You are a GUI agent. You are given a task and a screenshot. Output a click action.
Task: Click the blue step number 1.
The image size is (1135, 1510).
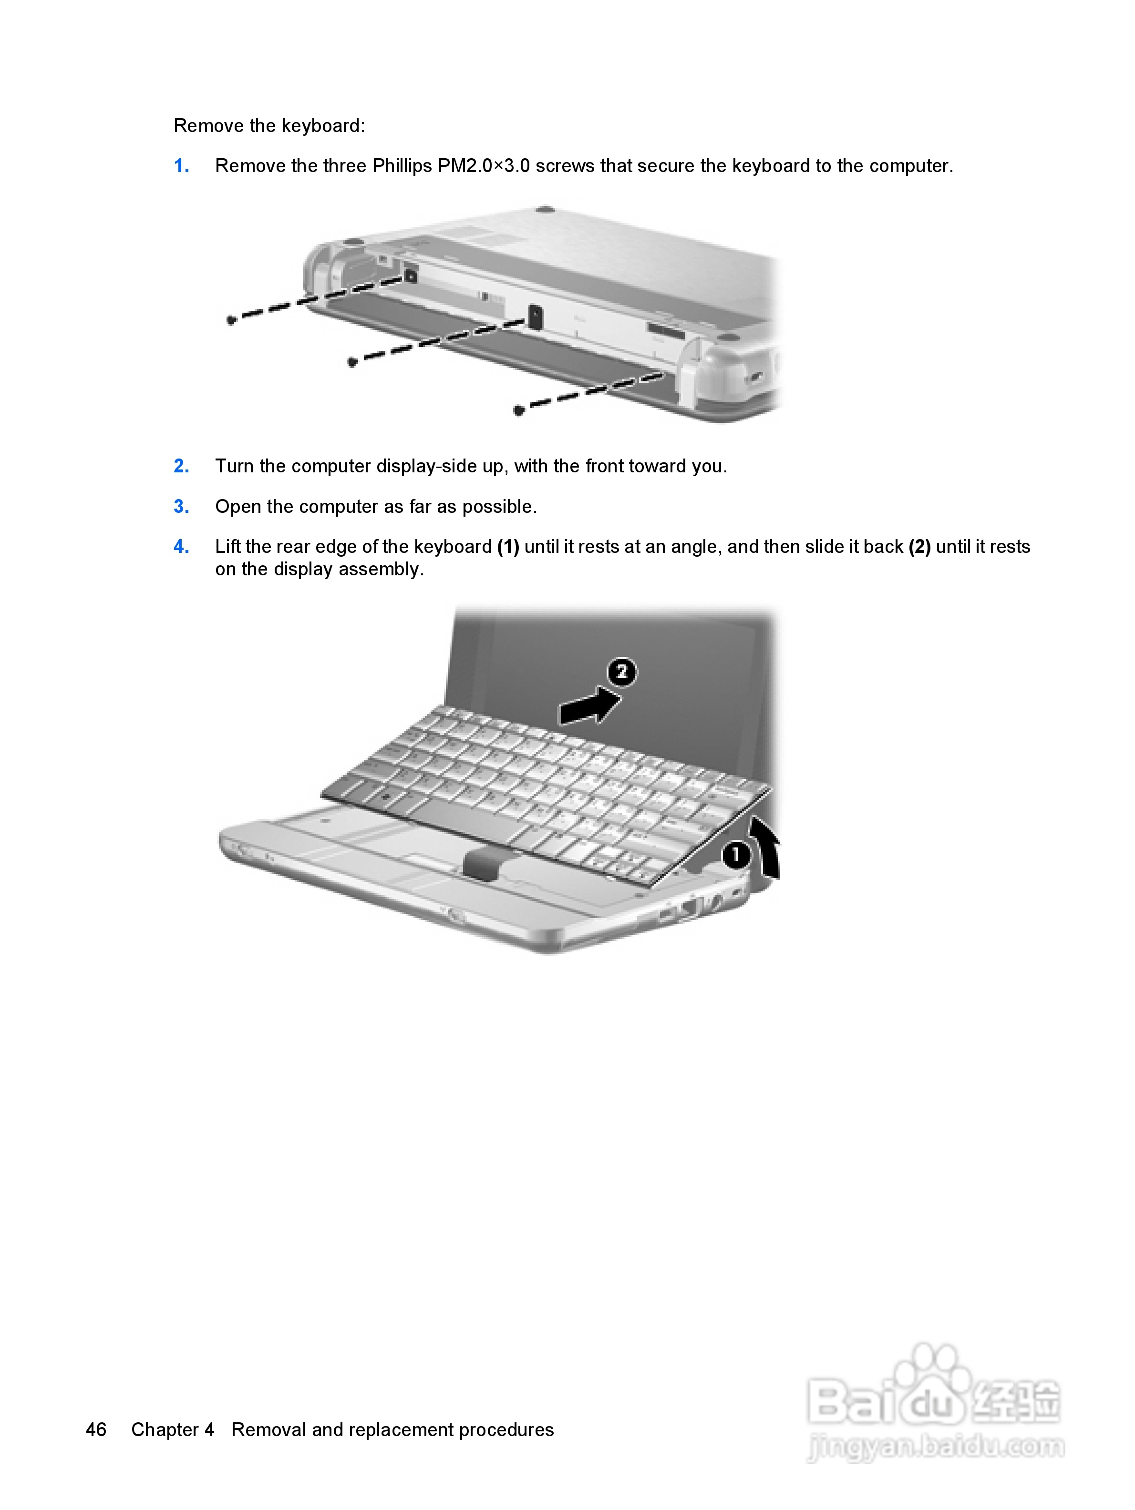tap(181, 166)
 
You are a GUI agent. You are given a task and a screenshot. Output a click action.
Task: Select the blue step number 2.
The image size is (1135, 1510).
tap(181, 466)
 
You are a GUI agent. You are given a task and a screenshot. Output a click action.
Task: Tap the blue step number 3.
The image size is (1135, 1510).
tap(181, 507)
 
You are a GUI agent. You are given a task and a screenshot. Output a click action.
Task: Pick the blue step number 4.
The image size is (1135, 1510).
tap(181, 547)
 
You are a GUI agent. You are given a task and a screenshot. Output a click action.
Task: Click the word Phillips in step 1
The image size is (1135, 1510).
tap(402, 166)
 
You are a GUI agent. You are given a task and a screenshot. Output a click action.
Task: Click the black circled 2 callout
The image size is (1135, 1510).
tap(621, 673)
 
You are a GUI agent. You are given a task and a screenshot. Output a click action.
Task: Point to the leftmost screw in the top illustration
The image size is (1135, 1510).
tap(231, 320)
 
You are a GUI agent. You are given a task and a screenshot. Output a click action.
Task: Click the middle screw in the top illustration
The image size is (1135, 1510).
tap(352, 362)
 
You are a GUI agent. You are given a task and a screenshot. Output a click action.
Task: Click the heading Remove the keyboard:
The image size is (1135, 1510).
tap(269, 126)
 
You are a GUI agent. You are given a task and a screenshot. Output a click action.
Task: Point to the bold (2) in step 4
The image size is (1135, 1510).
tap(919, 547)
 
